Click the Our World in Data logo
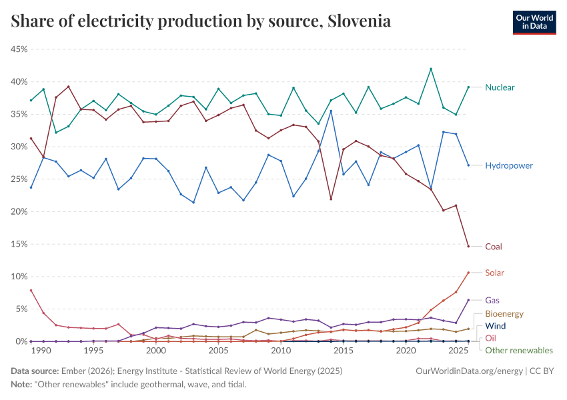(534, 21)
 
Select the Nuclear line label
(500, 87)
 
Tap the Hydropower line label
(509, 165)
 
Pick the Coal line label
(494, 247)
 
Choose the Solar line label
(494, 273)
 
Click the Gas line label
(492, 301)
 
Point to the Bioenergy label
(504, 313)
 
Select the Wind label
(495, 326)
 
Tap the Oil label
(490, 338)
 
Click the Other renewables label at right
(518, 350)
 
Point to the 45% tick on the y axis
(18, 49)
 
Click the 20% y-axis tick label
(18, 211)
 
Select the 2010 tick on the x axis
(281, 351)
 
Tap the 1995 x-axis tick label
(93, 351)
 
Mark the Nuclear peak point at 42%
(431, 69)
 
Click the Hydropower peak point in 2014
(331, 111)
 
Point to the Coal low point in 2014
(331, 199)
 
